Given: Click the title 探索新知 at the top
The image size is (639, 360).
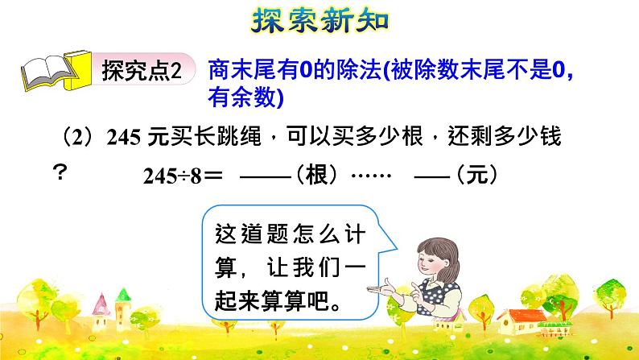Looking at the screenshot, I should tap(320, 19).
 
